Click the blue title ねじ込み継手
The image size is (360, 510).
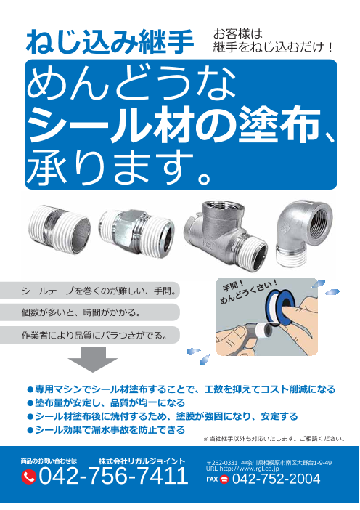110,42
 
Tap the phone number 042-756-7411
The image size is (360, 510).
113,476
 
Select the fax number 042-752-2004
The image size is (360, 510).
277,479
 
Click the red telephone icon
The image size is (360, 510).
28,477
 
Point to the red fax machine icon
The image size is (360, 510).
224,479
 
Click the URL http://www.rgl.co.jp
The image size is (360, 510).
242,469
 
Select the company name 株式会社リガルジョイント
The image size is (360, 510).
142,461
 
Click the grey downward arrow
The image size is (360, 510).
93,359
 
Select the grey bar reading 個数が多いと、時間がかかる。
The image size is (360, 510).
89,312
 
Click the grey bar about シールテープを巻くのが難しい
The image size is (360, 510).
89,291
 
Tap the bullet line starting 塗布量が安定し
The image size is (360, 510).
106,403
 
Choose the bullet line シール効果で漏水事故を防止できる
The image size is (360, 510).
106,430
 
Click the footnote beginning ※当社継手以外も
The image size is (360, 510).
274,439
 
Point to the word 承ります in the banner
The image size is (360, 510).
110,166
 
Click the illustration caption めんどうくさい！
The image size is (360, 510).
249,293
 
